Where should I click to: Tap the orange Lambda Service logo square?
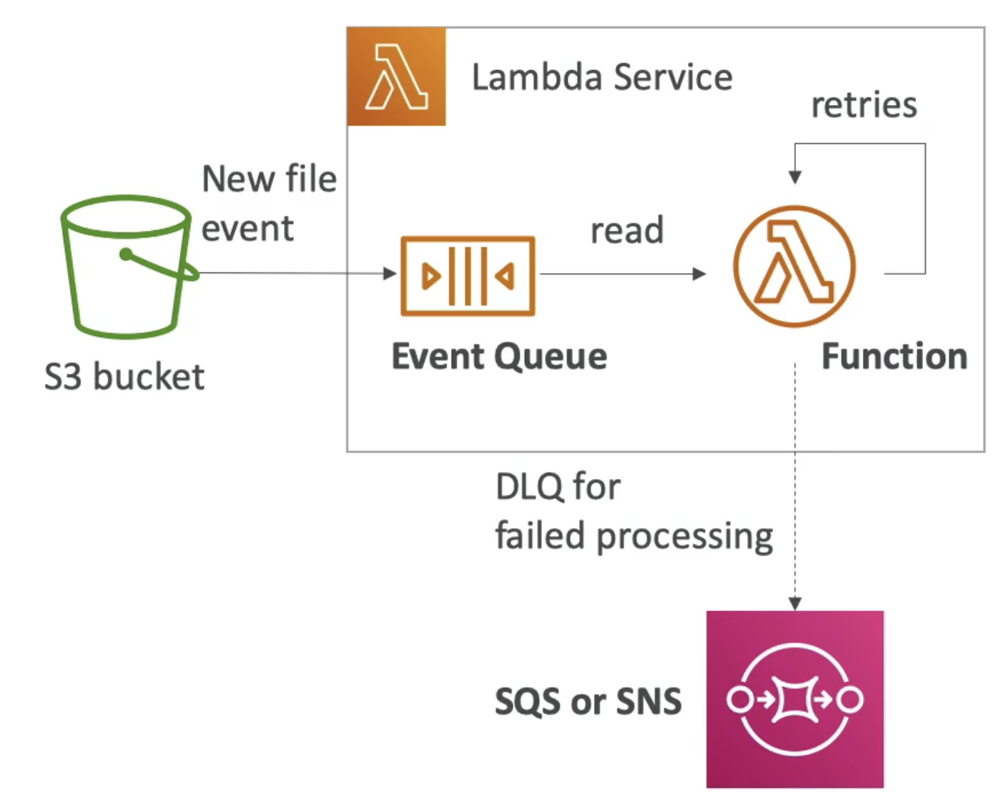tap(396, 76)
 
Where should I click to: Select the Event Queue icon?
tap(468, 276)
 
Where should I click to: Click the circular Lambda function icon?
tap(794, 267)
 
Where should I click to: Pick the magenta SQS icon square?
tap(795, 699)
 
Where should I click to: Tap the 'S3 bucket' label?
tap(124, 377)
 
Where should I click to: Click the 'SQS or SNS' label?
tap(588, 701)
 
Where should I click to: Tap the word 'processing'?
tap(685, 537)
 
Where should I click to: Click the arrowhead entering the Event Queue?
tap(390, 273)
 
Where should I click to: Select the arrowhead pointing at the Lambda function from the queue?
tap(699, 274)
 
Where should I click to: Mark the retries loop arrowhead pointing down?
tap(795, 177)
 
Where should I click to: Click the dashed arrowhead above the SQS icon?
tap(795, 603)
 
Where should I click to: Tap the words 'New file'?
tap(270, 179)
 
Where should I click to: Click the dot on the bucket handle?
tap(126, 255)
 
